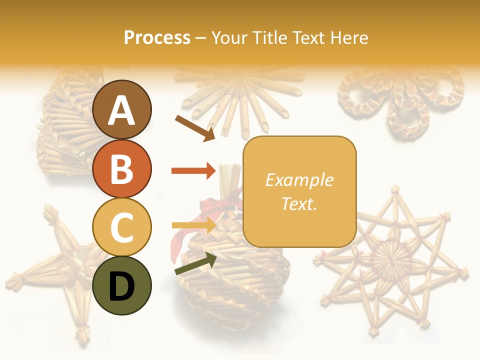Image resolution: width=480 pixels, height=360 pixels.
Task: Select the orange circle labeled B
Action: (x=122, y=168)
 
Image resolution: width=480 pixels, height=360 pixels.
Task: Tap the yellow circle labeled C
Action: (x=122, y=227)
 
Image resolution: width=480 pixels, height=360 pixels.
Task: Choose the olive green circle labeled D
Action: (x=122, y=285)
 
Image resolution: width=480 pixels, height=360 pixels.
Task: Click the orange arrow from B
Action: (x=194, y=171)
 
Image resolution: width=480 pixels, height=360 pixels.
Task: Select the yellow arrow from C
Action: (x=194, y=225)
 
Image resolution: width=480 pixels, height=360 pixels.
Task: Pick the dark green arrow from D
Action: (x=195, y=263)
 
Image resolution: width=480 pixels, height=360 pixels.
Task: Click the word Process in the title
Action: (x=157, y=37)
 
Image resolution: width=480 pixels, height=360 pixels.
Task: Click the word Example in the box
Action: (x=299, y=180)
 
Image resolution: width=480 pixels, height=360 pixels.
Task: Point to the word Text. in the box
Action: (x=299, y=203)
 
